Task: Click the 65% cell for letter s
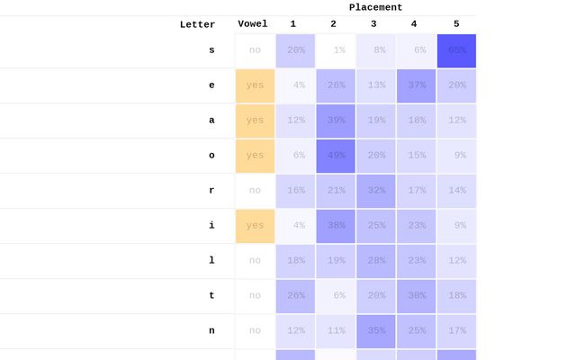(456, 50)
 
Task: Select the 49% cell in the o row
(335, 156)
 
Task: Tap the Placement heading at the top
(375, 7)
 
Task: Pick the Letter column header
(197, 24)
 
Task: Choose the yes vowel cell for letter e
(255, 85)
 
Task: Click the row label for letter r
(211, 191)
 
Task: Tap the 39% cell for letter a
(335, 121)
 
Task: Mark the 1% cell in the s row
(335, 50)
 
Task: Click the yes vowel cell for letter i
(255, 226)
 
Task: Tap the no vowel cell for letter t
(255, 296)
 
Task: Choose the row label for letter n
(211, 331)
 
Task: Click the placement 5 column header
(456, 23)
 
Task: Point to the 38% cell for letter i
(335, 226)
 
